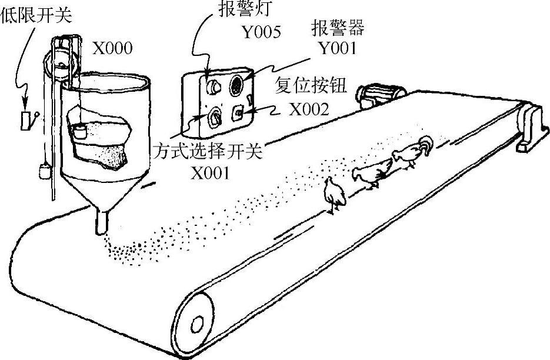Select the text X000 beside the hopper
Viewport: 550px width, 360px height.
tap(112, 48)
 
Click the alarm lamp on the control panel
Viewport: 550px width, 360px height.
tap(212, 87)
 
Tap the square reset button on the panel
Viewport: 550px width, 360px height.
tap(238, 111)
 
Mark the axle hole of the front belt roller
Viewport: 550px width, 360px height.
tap(197, 324)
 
